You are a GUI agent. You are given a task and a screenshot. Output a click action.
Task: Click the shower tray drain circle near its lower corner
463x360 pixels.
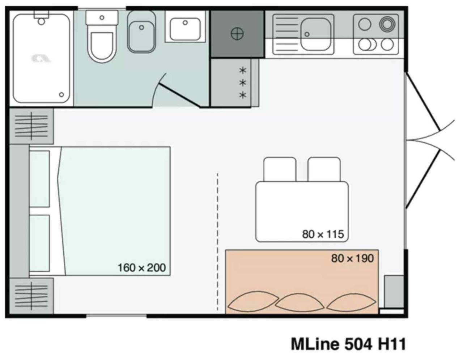click(x=61, y=95)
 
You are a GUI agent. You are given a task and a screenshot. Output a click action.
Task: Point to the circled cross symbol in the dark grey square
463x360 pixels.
click(x=237, y=34)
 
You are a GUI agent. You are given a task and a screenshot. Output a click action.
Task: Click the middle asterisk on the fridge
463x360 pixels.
click(x=243, y=83)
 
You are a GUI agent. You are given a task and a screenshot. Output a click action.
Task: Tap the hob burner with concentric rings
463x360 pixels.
click(x=386, y=25)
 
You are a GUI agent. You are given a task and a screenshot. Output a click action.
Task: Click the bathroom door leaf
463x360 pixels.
click(x=179, y=96)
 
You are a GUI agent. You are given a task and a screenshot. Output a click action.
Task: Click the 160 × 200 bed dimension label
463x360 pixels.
click(x=141, y=268)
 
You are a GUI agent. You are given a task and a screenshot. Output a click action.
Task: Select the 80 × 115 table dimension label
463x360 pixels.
click(x=323, y=234)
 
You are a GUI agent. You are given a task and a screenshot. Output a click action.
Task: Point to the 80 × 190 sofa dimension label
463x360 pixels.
click(x=352, y=258)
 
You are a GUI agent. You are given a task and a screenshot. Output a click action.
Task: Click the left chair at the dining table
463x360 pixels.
click(x=280, y=169)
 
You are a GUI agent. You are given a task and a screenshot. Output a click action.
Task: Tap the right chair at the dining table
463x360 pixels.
click(x=324, y=169)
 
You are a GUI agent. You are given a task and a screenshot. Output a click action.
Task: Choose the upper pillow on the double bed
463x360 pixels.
click(x=39, y=179)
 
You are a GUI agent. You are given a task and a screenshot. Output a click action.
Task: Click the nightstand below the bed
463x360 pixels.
click(x=31, y=296)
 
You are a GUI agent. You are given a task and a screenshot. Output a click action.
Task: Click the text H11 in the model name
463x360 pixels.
click(x=392, y=344)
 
